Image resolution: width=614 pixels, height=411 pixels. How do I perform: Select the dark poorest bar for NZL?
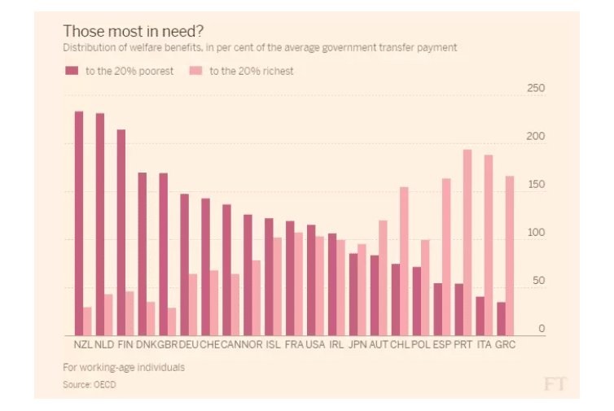click(x=79, y=224)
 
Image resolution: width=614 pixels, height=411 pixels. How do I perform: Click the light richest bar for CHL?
click(x=404, y=261)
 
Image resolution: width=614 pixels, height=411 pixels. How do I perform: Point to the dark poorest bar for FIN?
click(x=121, y=233)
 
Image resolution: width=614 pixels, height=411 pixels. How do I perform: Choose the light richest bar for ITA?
click(x=489, y=245)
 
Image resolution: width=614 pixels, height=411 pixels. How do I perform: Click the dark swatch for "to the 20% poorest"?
click(x=71, y=72)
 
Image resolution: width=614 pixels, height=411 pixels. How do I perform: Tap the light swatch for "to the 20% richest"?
click(x=195, y=72)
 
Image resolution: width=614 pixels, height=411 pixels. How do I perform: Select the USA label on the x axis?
click(x=315, y=344)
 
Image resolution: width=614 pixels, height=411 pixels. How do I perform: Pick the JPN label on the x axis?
click(x=357, y=344)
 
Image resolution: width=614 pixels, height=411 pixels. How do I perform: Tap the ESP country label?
click(x=441, y=344)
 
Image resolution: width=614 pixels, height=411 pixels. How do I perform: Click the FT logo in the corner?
click(x=556, y=383)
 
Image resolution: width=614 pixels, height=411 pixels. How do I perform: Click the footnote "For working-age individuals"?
click(x=123, y=367)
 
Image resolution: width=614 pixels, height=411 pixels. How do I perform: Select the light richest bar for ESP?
click(x=446, y=257)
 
